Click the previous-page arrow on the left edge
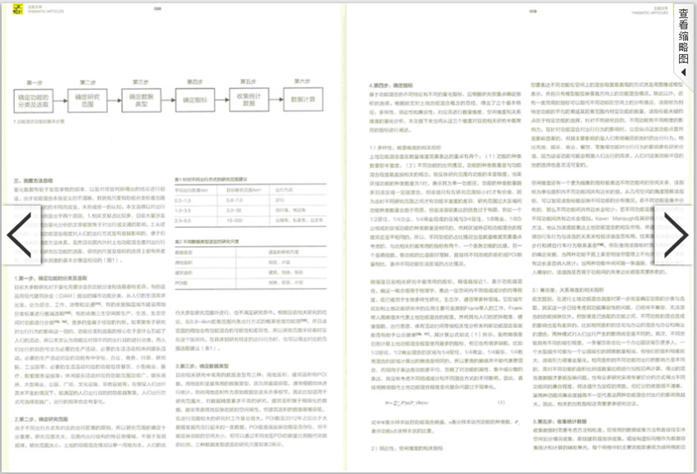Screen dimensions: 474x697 (x=18, y=235)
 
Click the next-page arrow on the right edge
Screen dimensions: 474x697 (x=677, y=235)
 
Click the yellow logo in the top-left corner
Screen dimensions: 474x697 (x=10, y=10)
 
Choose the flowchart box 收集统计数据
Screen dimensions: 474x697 (x=248, y=102)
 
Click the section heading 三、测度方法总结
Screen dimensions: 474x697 (x=33, y=179)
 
